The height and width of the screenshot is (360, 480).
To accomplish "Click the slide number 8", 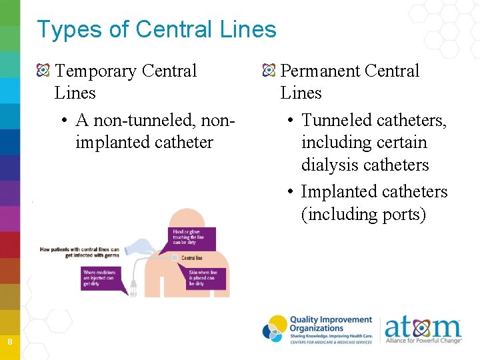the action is pyautogui.click(x=9, y=342).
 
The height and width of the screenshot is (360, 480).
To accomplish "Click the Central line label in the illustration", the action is pyautogui.click(x=192, y=257).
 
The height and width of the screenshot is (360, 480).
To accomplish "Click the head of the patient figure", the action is pyautogui.click(x=187, y=219).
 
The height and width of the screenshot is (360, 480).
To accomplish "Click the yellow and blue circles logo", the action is pyautogui.click(x=275, y=329).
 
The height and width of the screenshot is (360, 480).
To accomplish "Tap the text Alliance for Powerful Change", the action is pyautogui.click(x=423, y=341).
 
